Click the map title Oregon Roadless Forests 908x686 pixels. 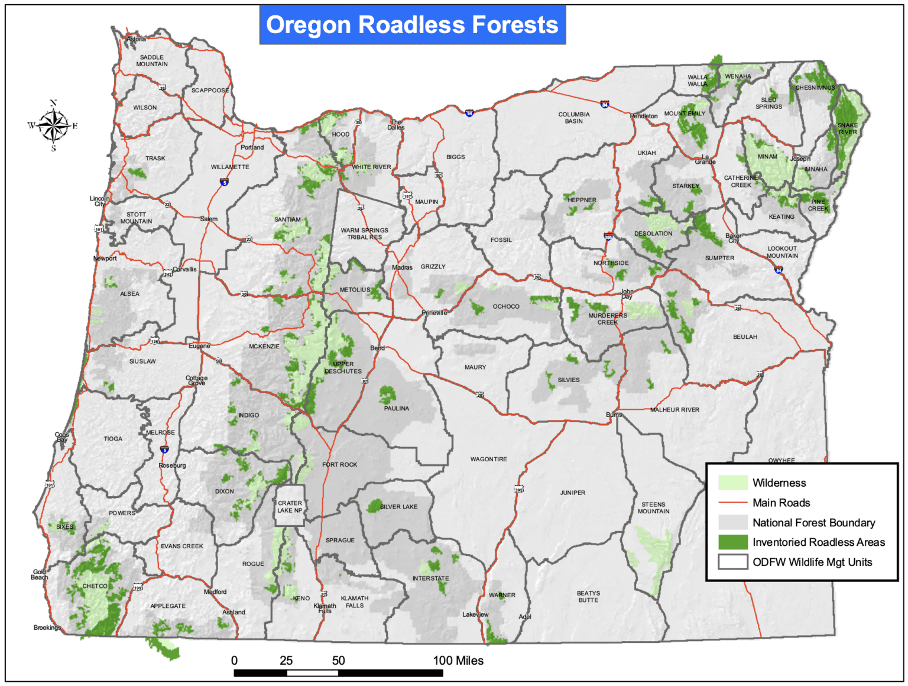(x=412, y=25)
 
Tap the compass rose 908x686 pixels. (x=53, y=125)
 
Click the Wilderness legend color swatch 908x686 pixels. (x=732, y=483)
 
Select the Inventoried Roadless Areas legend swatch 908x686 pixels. (x=732, y=542)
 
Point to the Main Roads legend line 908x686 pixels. (x=732, y=503)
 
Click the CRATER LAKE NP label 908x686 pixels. (x=290, y=507)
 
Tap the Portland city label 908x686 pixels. (x=252, y=147)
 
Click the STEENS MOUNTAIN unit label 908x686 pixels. (x=653, y=508)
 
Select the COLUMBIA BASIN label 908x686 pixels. (x=573, y=118)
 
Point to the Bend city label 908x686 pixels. (x=377, y=348)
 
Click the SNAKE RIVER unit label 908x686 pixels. (x=847, y=128)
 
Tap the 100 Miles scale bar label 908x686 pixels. (x=458, y=661)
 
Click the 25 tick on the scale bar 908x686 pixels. (x=286, y=661)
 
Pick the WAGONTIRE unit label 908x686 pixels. (x=488, y=459)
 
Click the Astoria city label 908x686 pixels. (x=136, y=39)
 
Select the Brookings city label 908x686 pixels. (x=47, y=627)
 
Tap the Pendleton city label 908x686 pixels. (x=643, y=116)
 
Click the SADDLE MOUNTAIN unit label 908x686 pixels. (x=152, y=61)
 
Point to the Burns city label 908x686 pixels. (x=614, y=415)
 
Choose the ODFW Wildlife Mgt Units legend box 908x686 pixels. (x=732, y=562)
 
